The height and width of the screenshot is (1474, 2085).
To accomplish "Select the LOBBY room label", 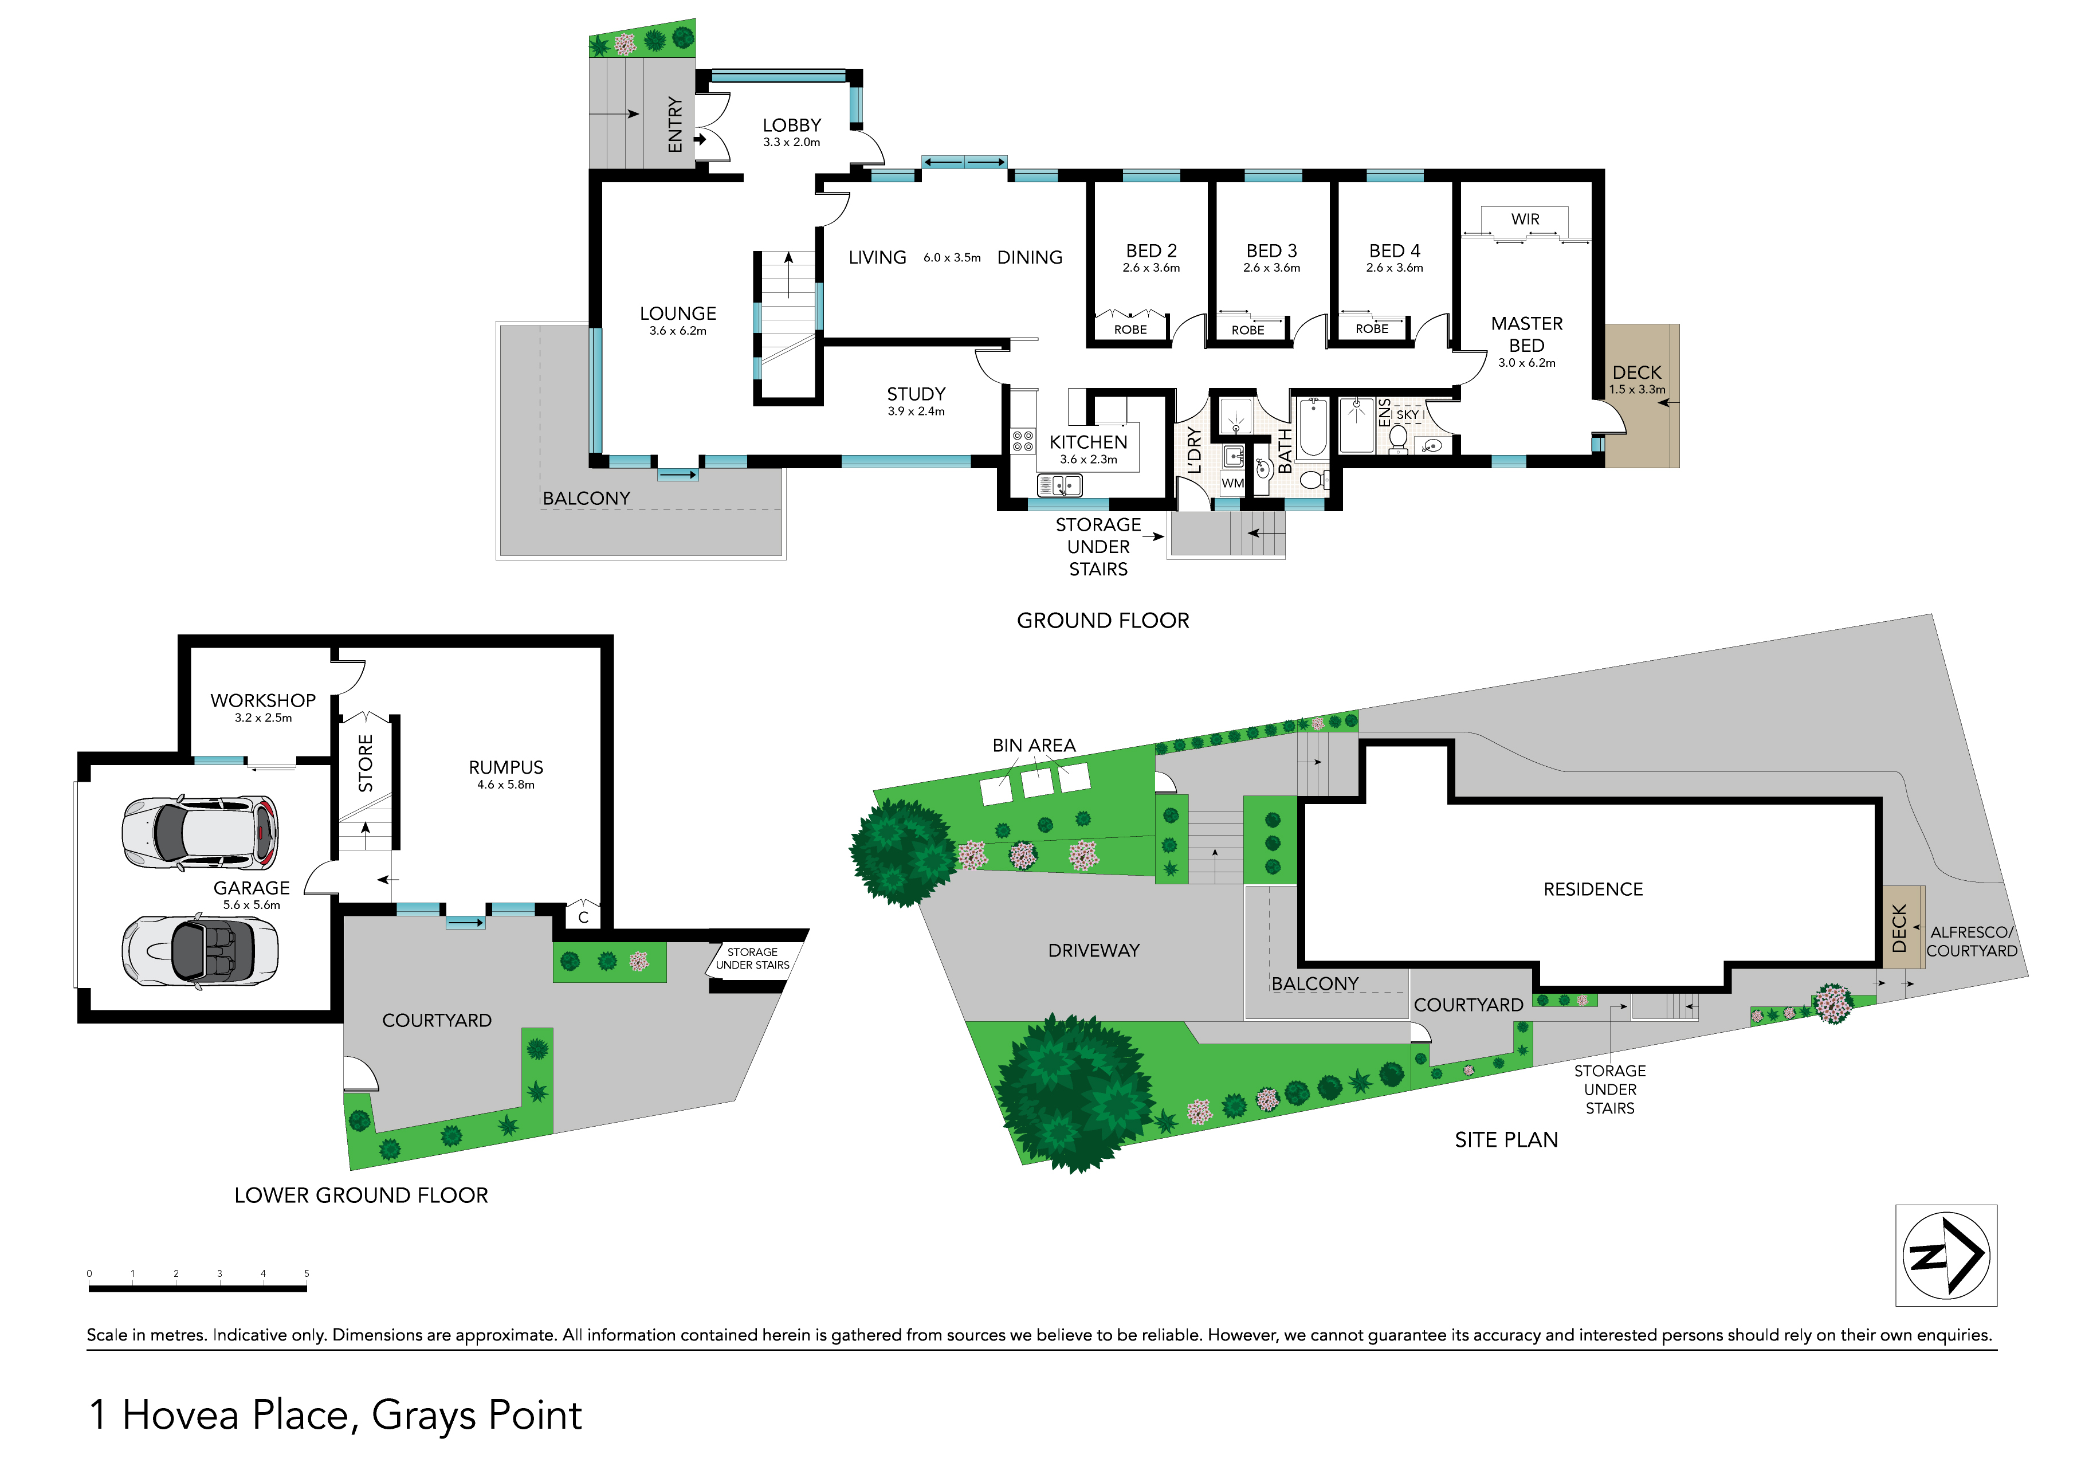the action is click(x=792, y=126).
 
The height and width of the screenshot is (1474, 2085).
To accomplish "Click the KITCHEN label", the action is click(x=1088, y=442).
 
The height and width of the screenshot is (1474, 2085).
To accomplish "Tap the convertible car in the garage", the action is click(x=201, y=951).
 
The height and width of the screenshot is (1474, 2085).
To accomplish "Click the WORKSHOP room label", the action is click(x=264, y=700).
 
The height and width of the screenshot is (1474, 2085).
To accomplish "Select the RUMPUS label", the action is click(x=506, y=767).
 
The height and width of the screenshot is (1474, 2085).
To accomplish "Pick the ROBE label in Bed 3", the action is click(x=1248, y=330).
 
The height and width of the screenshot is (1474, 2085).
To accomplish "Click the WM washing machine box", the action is click(x=1232, y=483).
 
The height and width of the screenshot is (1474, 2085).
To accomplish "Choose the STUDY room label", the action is click(x=916, y=394).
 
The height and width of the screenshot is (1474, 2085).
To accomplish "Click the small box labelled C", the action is click(x=583, y=916).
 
